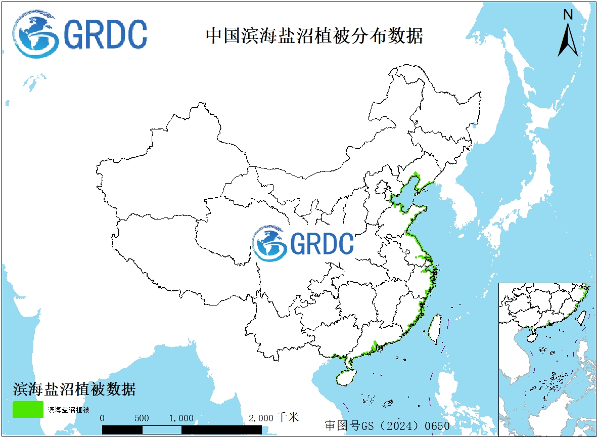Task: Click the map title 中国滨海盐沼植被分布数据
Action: pos(314,36)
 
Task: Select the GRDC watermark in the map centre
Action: pos(303,243)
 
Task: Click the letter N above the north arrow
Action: pos(568,15)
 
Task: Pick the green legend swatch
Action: pos(28,409)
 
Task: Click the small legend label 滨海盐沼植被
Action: pos(69,409)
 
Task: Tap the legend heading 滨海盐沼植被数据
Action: pos(74,389)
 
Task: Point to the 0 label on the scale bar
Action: pos(103,418)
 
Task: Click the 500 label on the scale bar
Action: pos(142,418)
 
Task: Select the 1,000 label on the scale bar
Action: pos(181,418)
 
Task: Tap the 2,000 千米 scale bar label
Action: pos(273,418)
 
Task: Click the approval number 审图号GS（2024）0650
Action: pos(387,425)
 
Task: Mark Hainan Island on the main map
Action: pos(346,378)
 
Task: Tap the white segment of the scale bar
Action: pos(162,429)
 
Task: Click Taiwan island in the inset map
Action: pos(582,317)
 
